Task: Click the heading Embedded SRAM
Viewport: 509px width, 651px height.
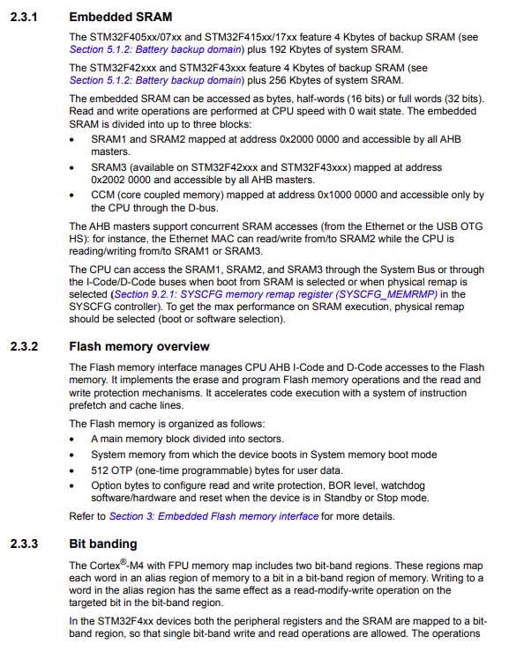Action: coord(120,17)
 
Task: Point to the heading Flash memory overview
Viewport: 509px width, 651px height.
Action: coord(139,346)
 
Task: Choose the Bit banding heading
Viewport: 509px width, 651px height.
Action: coord(103,544)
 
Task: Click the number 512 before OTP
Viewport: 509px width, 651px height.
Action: coord(100,470)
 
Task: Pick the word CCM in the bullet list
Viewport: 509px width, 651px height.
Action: coord(104,195)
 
